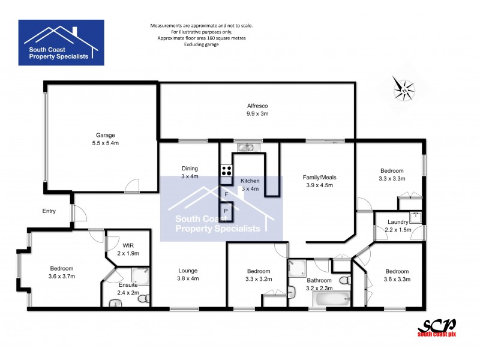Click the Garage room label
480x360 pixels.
[105, 135]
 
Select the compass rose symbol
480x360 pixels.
[404, 88]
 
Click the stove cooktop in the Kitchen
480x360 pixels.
[227, 169]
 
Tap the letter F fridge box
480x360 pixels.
[226, 194]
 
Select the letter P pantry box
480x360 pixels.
[226, 211]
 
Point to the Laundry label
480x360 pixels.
[398, 222]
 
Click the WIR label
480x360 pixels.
[128, 245]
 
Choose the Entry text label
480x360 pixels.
[49, 211]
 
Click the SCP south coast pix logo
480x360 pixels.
[436, 327]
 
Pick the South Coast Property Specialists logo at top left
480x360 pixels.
[61, 42]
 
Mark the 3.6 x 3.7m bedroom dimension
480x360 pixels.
[61, 276]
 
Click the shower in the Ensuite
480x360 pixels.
[140, 275]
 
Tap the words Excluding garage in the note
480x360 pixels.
[202, 44]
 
